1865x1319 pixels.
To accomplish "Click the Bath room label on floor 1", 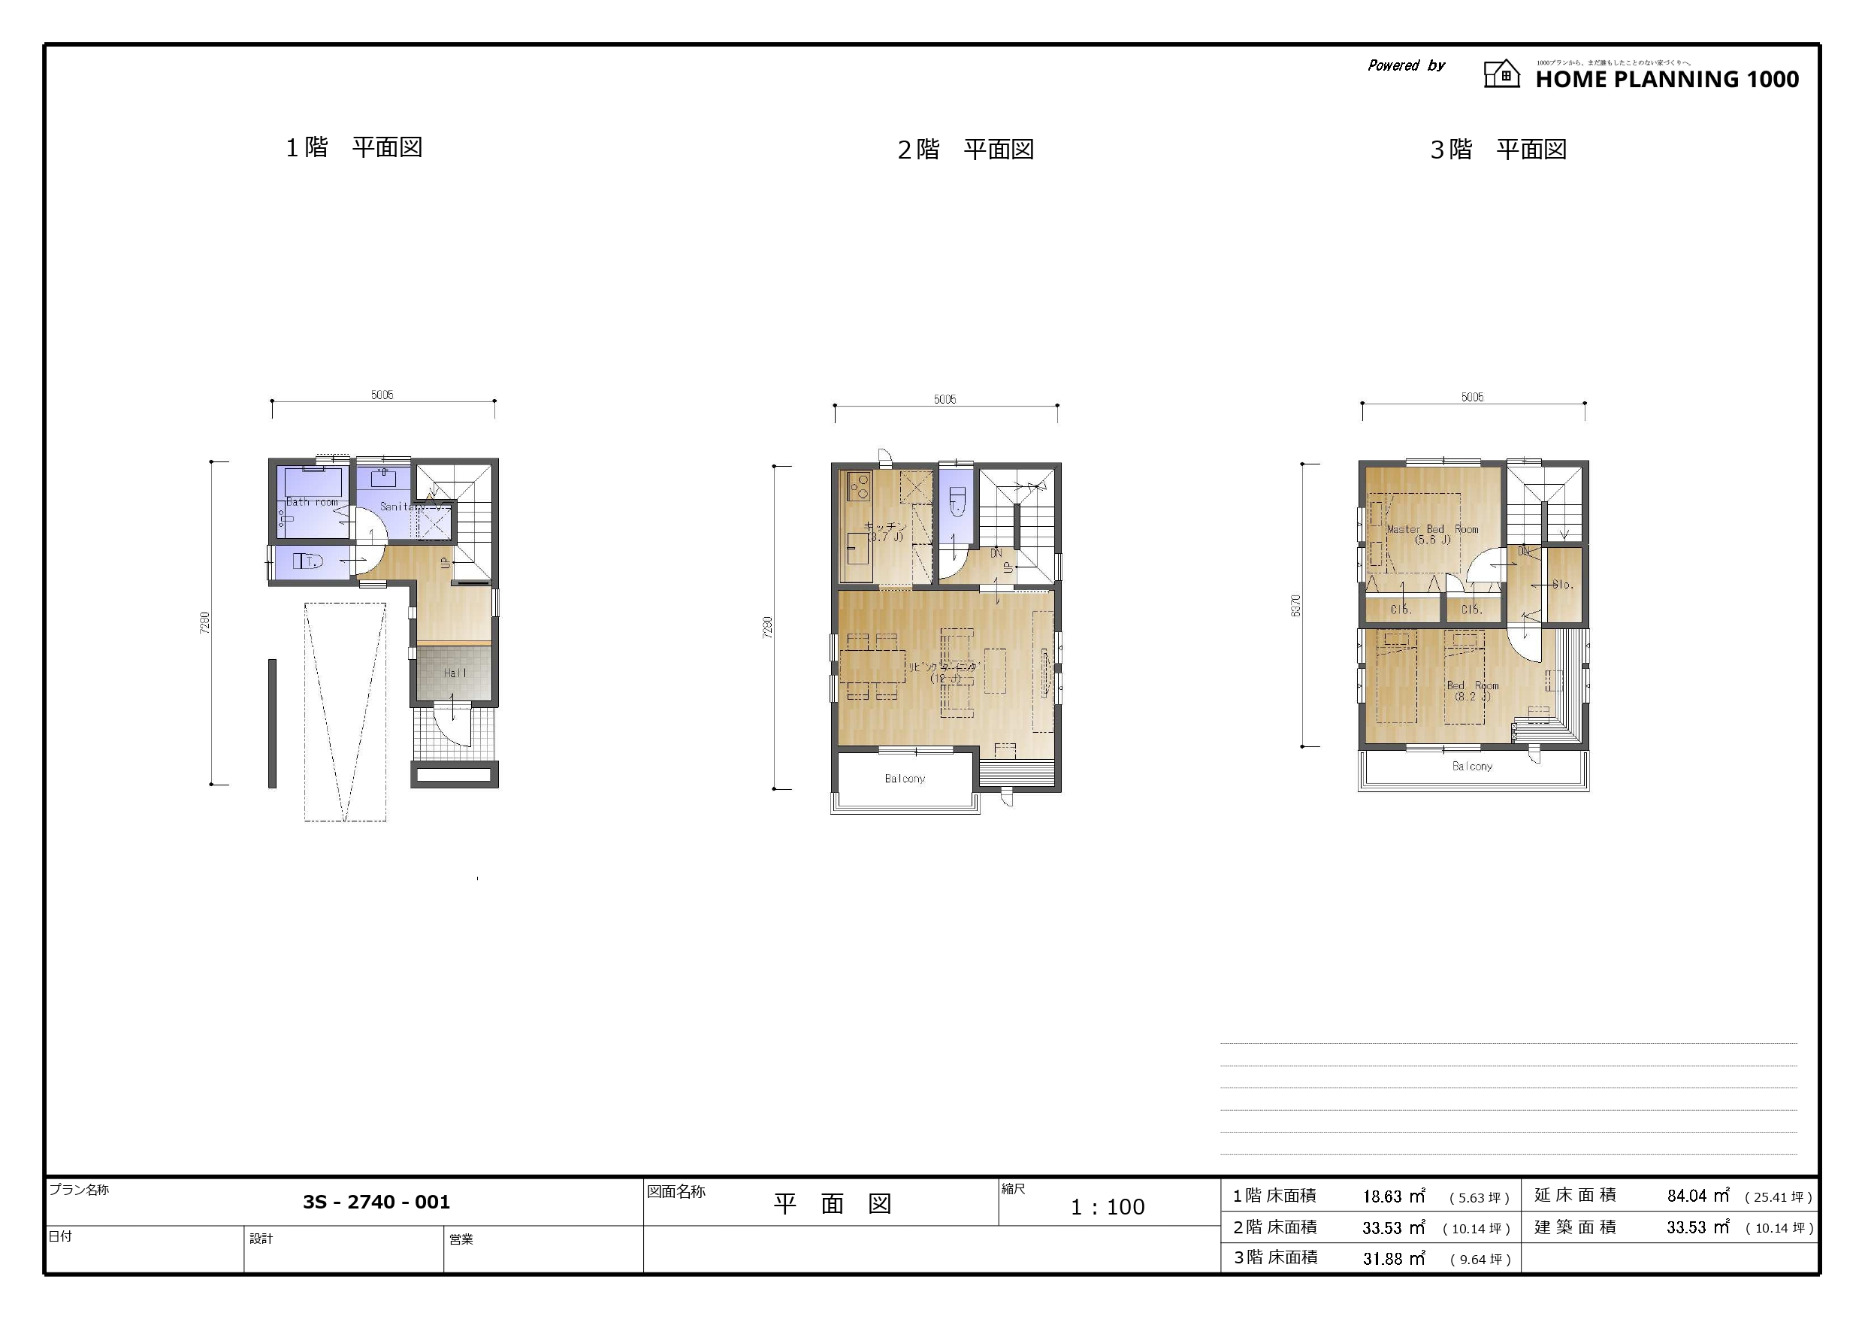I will click(x=312, y=501).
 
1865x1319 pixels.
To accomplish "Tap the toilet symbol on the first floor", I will click(x=309, y=561).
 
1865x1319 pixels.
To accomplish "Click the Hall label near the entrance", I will click(x=455, y=673).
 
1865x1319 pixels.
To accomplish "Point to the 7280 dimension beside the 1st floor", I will click(x=204, y=622).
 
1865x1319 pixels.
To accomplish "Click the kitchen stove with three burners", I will click(x=859, y=486).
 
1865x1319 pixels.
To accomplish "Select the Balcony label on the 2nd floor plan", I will click(x=904, y=779).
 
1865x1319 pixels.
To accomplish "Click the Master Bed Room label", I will click(x=1432, y=529).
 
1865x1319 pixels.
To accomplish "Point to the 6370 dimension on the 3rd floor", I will click(x=1296, y=606).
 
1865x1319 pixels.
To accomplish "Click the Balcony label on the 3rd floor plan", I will click(x=1472, y=767).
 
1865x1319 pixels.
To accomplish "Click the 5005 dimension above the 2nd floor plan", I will click(x=945, y=399).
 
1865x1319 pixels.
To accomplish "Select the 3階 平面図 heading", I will click(x=1498, y=150).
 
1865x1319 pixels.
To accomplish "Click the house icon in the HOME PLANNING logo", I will click(x=1501, y=74).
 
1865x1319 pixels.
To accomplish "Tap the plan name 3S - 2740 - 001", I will click(x=376, y=1202).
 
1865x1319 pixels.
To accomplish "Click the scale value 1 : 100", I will click(x=1107, y=1208).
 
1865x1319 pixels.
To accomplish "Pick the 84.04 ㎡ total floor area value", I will click(x=1697, y=1196).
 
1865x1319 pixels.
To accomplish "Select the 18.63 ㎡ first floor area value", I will click(x=1394, y=1197).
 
